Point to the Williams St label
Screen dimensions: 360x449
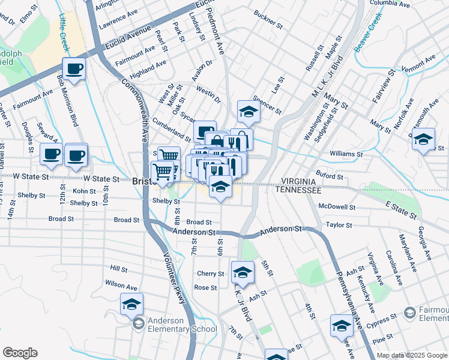click(346, 154)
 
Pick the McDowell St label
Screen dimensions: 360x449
click(337, 207)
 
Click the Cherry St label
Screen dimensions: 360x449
click(210, 274)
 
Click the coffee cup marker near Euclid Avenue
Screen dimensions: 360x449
click(74, 68)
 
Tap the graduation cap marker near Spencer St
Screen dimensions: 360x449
click(248, 111)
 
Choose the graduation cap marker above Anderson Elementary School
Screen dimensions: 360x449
click(131, 304)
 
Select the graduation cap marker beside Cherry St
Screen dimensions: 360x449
click(243, 274)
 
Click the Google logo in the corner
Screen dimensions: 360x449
click(20, 353)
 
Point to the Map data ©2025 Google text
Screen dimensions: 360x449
click(412, 355)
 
